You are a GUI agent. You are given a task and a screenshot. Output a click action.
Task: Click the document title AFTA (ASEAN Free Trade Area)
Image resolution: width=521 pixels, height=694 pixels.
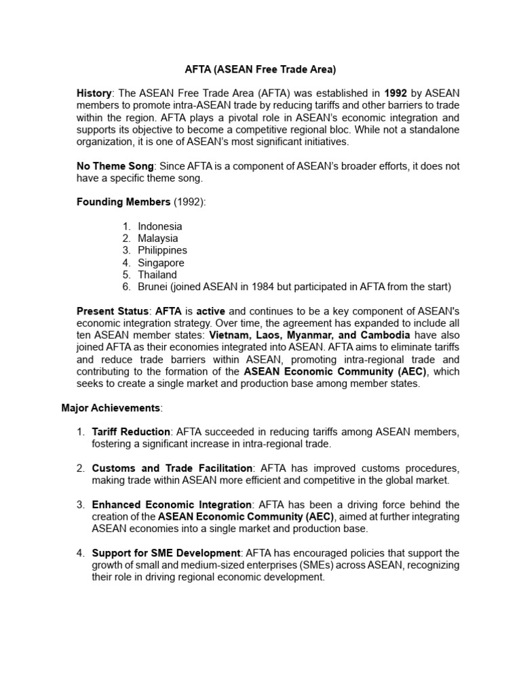[260, 69]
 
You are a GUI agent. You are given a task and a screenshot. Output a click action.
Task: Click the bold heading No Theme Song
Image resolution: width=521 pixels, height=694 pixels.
[115, 166]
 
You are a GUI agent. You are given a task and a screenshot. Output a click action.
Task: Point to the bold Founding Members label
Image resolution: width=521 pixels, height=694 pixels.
[123, 202]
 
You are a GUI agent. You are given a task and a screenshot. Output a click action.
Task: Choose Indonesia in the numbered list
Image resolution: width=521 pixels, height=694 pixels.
[159, 226]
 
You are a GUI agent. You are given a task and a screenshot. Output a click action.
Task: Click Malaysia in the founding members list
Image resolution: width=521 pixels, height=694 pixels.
[158, 239]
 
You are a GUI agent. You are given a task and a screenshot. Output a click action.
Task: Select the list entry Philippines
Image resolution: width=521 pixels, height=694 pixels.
[162, 251]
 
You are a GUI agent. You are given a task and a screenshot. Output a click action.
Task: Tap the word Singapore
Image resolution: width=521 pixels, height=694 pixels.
[161, 263]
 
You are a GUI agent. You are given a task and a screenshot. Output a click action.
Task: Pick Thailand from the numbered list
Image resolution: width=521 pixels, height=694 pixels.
[157, 275]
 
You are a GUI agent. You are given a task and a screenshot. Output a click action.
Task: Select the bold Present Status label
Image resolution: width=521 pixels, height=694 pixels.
[113, 311]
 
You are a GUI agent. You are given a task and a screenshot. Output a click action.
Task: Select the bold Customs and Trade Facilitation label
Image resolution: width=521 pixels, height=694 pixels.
[172, 469]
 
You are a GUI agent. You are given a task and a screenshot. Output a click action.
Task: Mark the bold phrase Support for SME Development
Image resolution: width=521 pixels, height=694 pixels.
[166, 554]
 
